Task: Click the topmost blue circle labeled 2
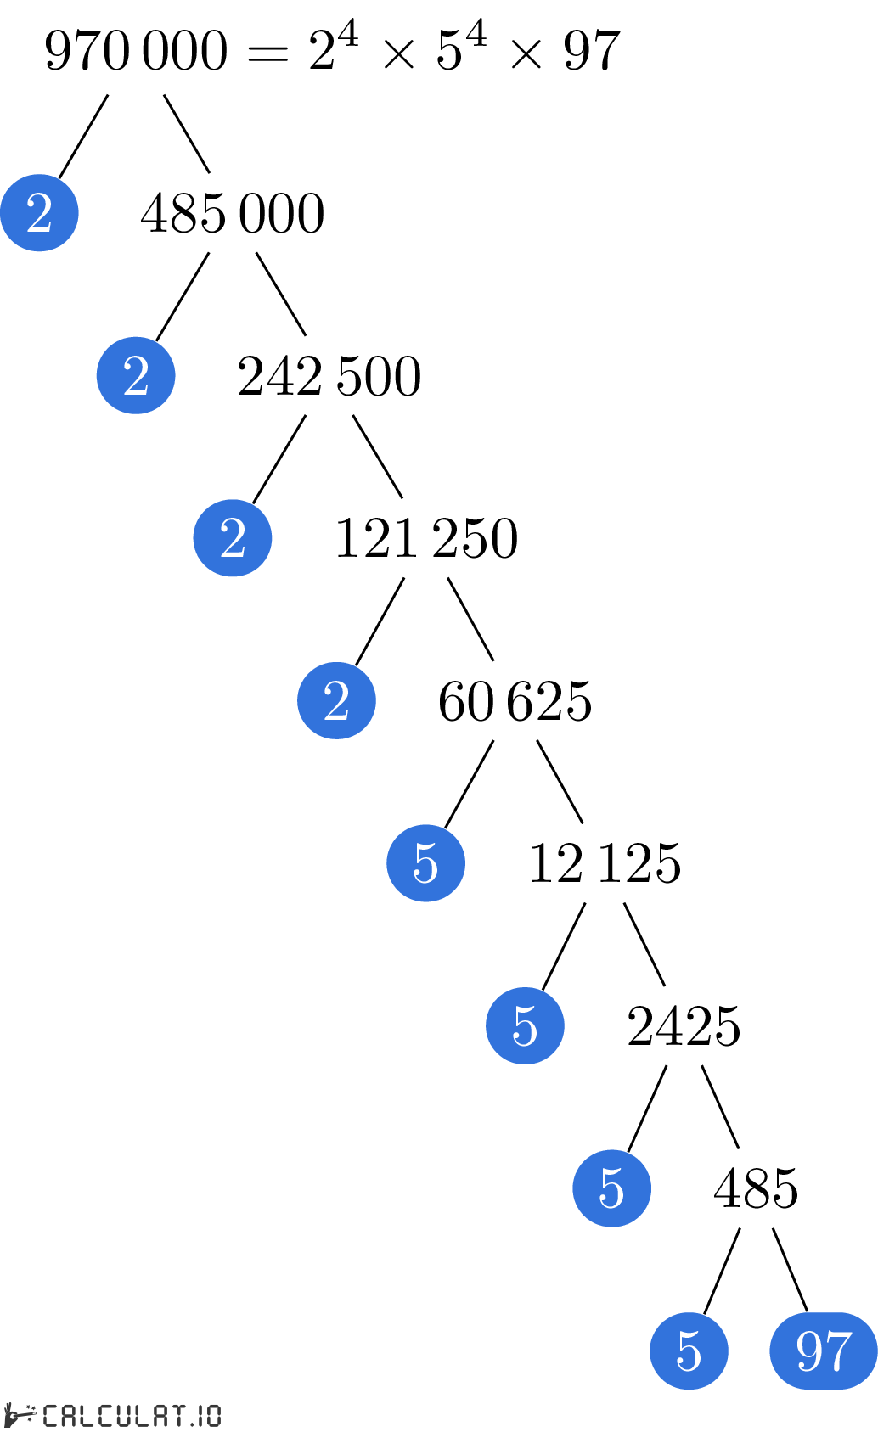(39, 212)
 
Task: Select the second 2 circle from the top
(136, 375)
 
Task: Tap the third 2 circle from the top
(233, 538)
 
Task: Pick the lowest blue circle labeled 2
(336, 700)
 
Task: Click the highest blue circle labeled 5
(425, 863)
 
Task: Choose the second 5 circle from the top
(525, 1025)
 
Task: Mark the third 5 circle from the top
(611, 1188)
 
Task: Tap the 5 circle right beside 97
(689, 1351)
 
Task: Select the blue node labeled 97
(823, 1351)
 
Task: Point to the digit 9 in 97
(809, 1351)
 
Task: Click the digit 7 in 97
(837, 1351)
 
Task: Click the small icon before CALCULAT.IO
(20, 1415)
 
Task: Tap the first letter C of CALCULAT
(51, 1415)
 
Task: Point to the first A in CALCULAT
(70, 1415)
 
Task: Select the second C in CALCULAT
(108, 1415)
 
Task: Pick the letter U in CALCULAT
(127, 1415)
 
